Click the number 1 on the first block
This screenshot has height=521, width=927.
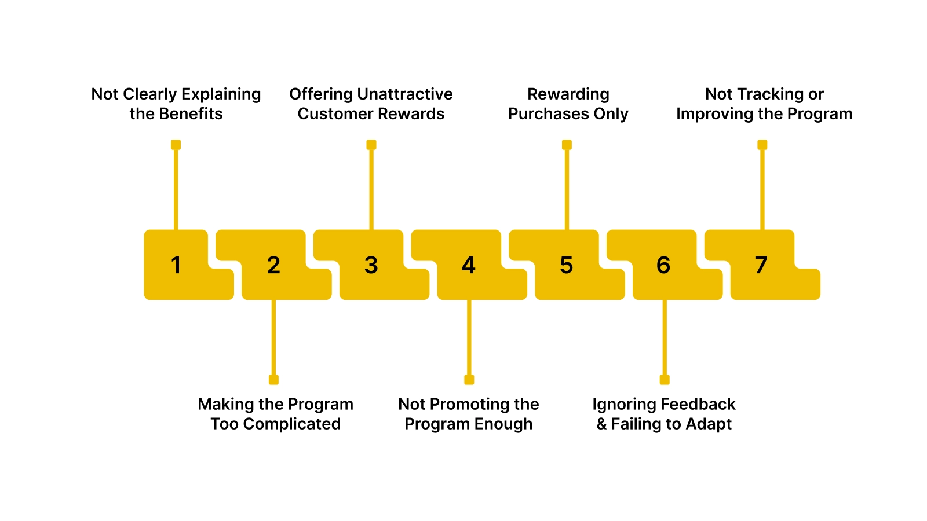pyautogui.click(x=176, y=265)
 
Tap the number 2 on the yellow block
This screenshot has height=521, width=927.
pyautogui.click(x=273, y=265)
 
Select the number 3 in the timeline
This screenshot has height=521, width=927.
pyautogui.click(x=371, y=265)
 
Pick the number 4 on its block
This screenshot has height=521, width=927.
pyautogui.click(x=469, y=265)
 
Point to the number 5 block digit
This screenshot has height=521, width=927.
pyautogui.click(x=566, y=265)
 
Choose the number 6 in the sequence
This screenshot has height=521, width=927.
pyautogui.click(x=663, y=265)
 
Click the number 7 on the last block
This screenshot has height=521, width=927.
pyautogui.click(x=761, y=265)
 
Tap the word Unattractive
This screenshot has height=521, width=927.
pyautogui.click(x=405, y=94)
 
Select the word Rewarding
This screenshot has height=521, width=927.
pyautogui.click(x=568, y=94)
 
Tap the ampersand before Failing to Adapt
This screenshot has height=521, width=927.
pyautogui.click(x=602, y=424)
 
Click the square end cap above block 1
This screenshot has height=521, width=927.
pyautogui.click(x=176, y=145)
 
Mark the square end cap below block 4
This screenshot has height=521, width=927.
pyautogui.click(x=469, y=380)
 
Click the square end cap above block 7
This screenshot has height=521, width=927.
pyautogui.click(x=762, y=145)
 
